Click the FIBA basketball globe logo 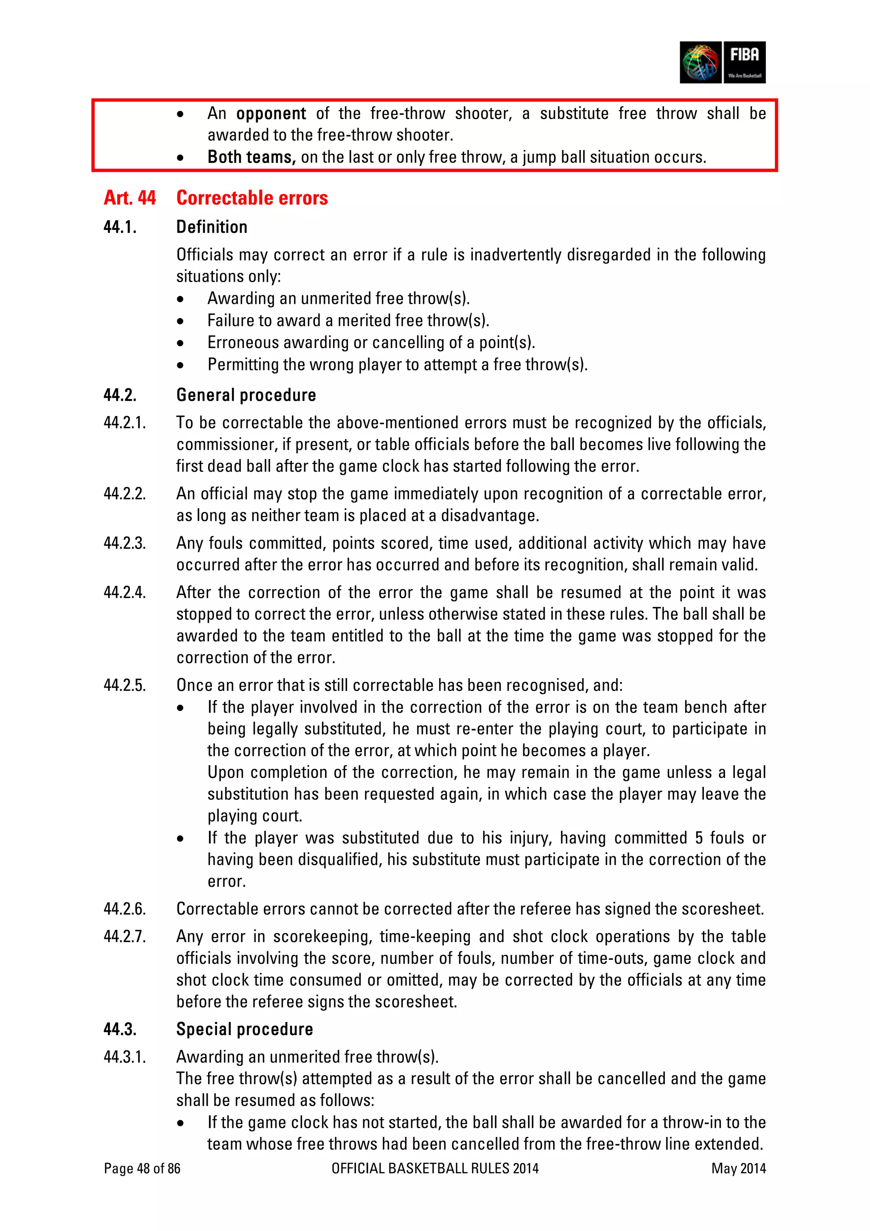(701, 62)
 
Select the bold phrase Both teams (251, 157)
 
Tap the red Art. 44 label (130, 198)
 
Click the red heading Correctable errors (252, 198)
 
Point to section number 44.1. (120, 227)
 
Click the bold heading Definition (212, 227)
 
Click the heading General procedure (246, 395)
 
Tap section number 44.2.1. (124, 422)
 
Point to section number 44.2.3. (124, 543)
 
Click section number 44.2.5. (124, 685)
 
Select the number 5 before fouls (698, 838)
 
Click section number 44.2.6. (124, 909)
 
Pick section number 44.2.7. (124, 937)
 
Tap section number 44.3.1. (124, 1057)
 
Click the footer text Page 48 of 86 (142, 1168)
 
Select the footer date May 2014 (738, 1168)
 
